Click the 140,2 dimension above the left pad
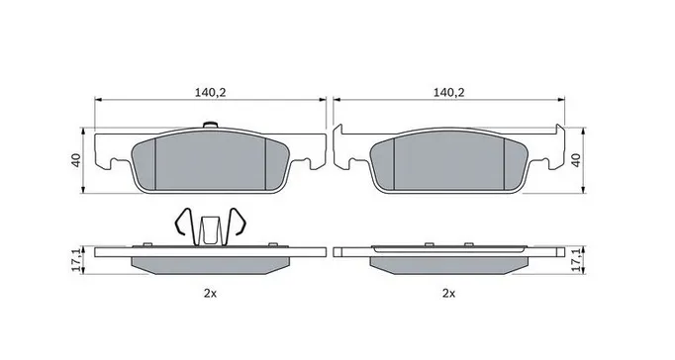tap(211, 93)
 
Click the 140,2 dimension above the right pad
tap(449, 93)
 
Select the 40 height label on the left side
tap(76, 160)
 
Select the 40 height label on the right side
tap(576, 160)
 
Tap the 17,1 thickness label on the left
tap(76, 259)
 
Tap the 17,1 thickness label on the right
tap(577, 259)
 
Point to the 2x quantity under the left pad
tap(210, 294)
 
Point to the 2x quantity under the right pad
tap(449, 294)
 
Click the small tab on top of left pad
tap(210, 125)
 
